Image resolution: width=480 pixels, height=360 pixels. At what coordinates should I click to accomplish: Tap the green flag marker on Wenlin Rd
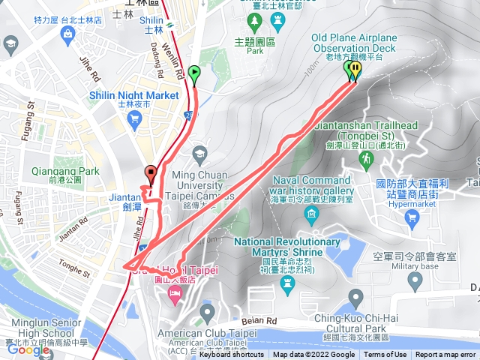194,73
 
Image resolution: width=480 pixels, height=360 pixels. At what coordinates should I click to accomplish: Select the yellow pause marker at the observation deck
355,69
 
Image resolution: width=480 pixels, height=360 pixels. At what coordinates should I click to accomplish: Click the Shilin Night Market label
133,96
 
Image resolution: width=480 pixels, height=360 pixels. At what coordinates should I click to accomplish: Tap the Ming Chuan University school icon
199,155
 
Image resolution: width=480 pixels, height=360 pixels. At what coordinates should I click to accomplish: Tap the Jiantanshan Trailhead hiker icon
366,159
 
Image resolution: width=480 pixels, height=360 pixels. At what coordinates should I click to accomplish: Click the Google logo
28,349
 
